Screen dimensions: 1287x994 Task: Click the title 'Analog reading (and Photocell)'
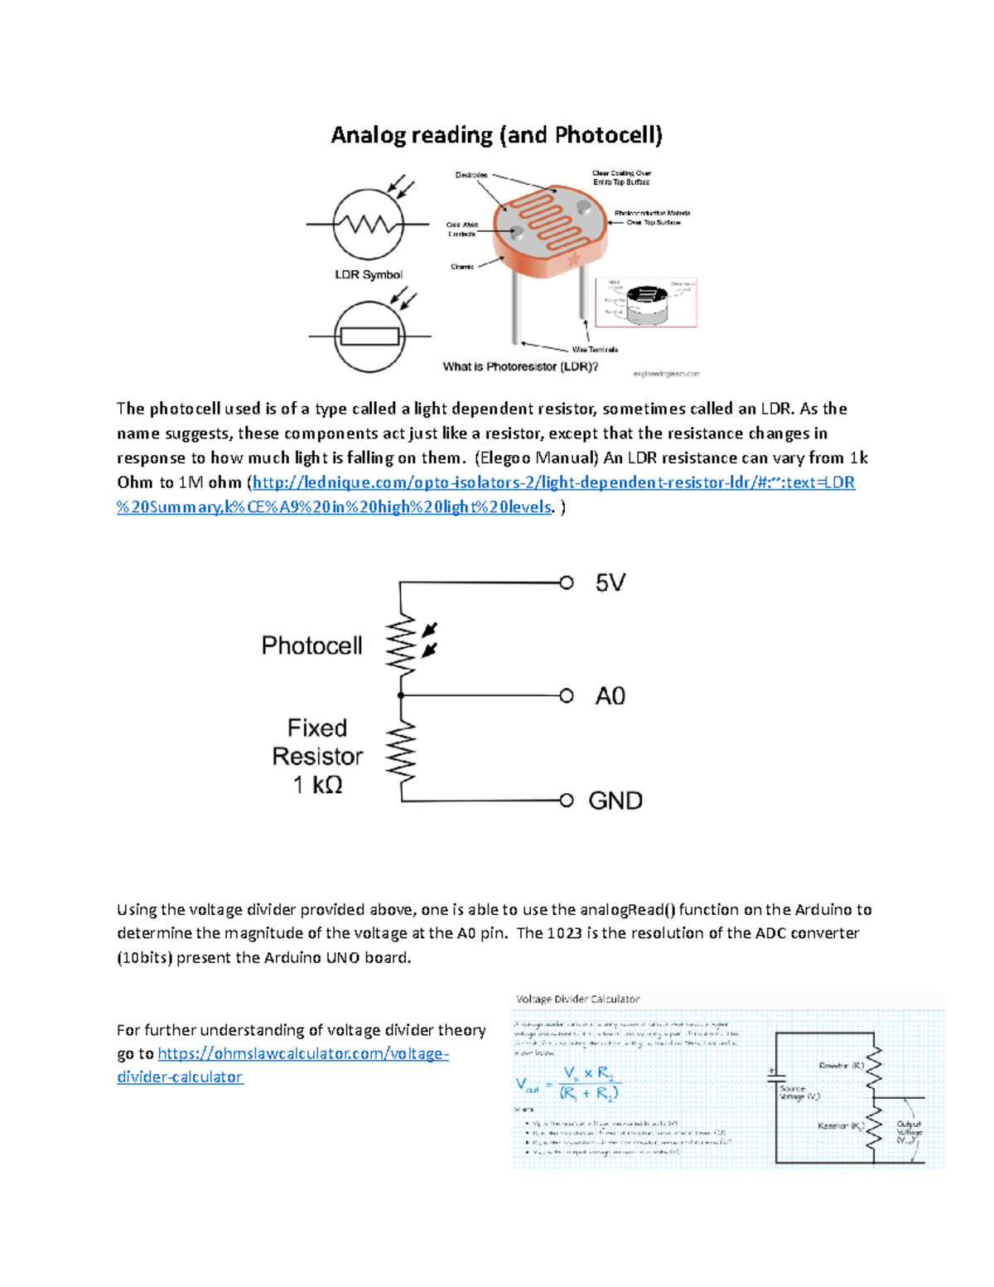[496, 135]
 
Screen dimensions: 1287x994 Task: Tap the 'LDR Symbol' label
[369, 274]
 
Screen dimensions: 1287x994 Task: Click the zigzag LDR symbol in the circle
[368, 225]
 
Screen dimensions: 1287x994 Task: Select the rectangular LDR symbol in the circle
[370, 336]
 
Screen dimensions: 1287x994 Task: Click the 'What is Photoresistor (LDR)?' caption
[520, 366]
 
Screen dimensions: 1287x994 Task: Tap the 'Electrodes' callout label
[471, 175]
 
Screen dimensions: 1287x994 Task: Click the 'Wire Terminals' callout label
[595, 350]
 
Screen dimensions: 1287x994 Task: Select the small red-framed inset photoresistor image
[646, 302]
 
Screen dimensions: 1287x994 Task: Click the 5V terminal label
[610, 583]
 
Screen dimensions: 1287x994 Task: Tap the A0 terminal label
[610, 696]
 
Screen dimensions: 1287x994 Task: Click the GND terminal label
[615, 801]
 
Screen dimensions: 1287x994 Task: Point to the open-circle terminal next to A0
[567, 696]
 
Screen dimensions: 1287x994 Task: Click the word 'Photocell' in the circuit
[311, 646]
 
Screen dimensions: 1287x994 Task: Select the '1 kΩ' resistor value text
[317, 785]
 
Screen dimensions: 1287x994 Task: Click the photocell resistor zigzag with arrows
[403, 644]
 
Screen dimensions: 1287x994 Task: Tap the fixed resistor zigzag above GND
[403, 750]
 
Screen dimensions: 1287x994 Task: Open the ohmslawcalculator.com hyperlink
[302, 1054]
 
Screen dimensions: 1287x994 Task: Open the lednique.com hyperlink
[553, 482]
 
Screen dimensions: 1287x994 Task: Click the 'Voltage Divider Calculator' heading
[577, 999]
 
